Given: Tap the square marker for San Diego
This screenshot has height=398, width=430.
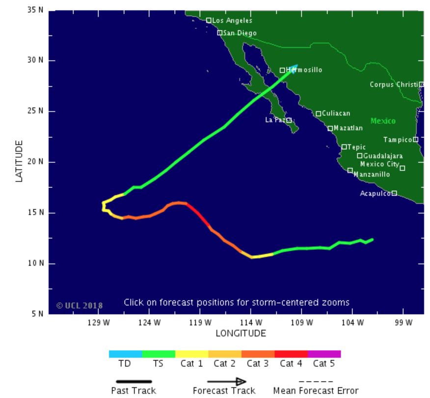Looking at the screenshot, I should [x=220, y=33].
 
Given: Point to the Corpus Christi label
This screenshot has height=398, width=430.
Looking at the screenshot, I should [x=393, y=84].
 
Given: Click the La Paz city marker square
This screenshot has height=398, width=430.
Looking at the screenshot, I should [x=289, y=120].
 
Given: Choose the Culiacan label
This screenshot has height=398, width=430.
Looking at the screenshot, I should [x=336, y=113].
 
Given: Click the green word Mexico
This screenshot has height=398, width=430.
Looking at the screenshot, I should [x=383, y=121].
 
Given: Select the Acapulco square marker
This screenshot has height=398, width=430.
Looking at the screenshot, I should [x=394, y=193].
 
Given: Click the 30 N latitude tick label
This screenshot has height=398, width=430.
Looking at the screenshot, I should [x=34, y=60].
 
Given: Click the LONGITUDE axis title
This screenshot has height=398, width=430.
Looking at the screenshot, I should [x=241, y=334].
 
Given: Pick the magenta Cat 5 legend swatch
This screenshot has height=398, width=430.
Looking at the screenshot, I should [x=324, y=354].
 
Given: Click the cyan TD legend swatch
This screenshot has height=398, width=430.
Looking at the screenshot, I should [x=125, y=354].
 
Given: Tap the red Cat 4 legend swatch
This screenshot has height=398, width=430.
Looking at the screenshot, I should [x=291, y=354].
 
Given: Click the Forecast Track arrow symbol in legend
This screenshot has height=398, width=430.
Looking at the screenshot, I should [x=226, y=381].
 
